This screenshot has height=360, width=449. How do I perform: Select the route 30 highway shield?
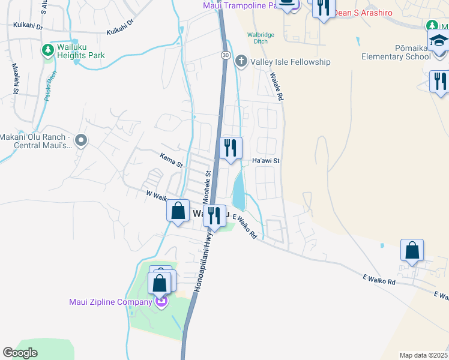pyautogui.click(x=224, y=55)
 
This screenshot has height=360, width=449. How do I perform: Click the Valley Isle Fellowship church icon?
pyautogui.click(x=241, y=61)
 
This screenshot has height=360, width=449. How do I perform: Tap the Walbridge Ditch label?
pyautogui.click(x=261, y=38)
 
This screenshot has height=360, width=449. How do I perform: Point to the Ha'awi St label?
pyautogui.click(x=266, y=161)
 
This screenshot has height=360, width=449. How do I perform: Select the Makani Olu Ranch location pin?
pyautogui.click(x=83, y=141)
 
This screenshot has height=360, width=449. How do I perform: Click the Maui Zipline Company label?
pyautogui.click(x=110, y=302)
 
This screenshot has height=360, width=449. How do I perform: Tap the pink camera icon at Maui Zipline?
pyautogui.click(x=160, y=301)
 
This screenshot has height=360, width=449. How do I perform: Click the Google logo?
pyautogui.click(x=20, y=352)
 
